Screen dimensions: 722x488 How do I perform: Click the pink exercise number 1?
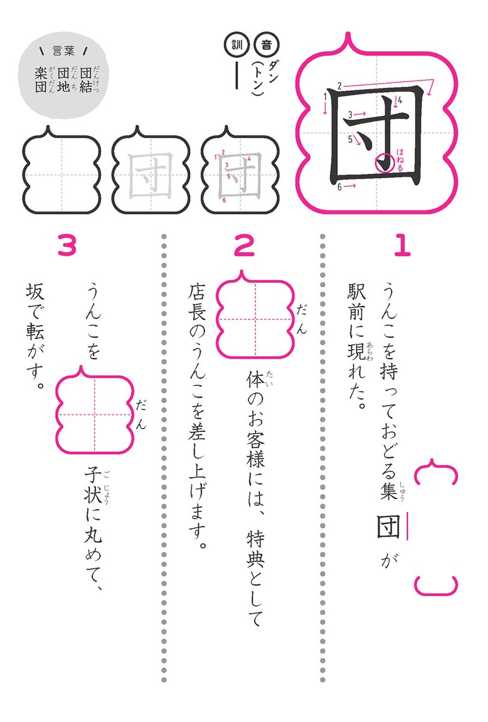401,245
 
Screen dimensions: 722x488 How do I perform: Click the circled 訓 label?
233,44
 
